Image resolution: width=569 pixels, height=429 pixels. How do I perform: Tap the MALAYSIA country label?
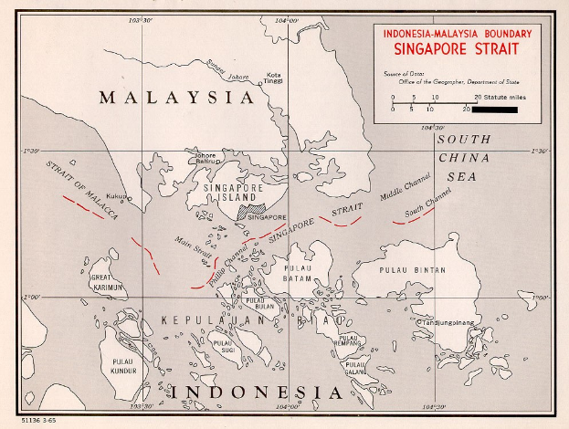pos(175,97)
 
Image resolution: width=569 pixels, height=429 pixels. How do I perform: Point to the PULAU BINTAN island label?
pos(412,270)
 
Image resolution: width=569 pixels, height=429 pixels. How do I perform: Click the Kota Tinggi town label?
pos(273,79)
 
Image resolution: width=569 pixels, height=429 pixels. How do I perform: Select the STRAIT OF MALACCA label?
pos(84,191)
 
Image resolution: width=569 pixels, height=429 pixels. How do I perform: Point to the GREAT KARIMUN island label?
pos(107,282)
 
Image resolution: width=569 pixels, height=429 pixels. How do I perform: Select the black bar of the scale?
pos(496,110)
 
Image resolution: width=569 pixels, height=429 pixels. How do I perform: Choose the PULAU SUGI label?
pos(224,345)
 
